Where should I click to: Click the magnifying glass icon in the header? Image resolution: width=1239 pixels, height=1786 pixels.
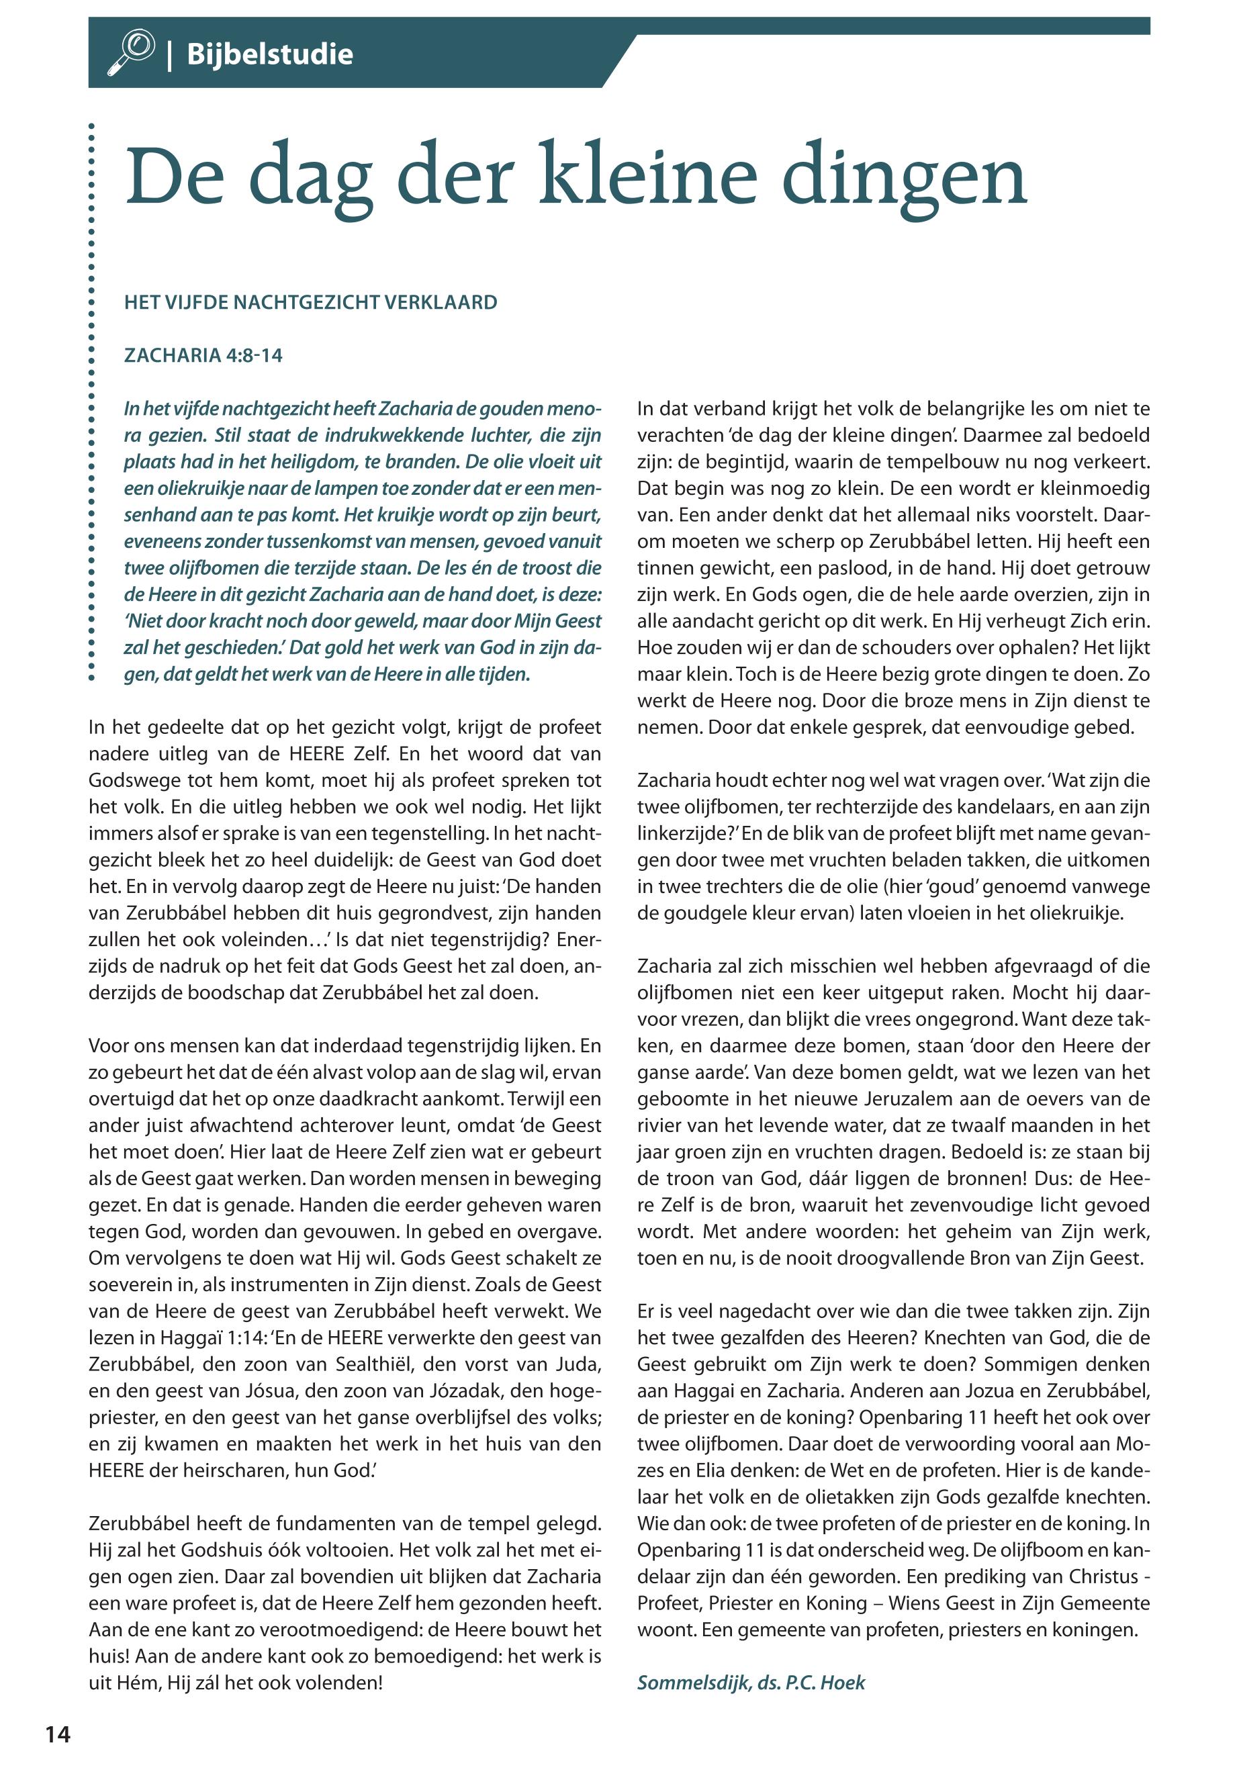(x=131, y=52)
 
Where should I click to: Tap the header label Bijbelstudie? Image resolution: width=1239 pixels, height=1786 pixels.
(x=269, y=54)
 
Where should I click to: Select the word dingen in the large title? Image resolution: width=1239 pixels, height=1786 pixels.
(x=904, y=178)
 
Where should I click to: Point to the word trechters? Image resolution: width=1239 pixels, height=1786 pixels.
(x=727, y=886)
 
